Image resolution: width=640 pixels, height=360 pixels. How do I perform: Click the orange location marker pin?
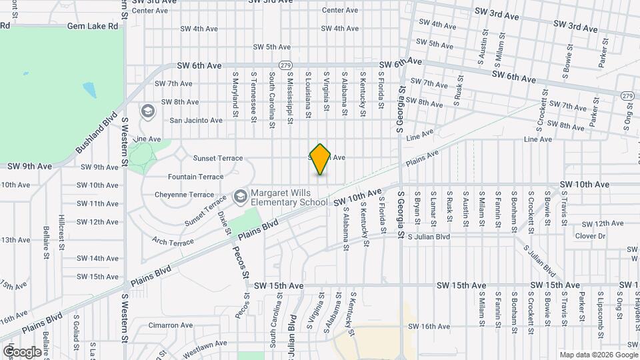pos(321,159)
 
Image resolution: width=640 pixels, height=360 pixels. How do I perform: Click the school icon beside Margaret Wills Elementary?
pos(240,195)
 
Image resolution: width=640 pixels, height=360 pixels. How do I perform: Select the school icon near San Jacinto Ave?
pos(148,111)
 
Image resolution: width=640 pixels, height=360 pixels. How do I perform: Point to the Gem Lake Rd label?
pos(93,26)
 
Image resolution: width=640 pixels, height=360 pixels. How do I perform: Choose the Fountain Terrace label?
pos(195,177)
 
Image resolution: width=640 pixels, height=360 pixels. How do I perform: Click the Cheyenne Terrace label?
pos(184,195)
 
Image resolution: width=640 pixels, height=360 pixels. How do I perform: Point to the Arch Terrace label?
pos(172,241)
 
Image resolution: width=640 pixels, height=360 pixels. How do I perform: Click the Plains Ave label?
pos(423,158)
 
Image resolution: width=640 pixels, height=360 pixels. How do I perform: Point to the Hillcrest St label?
pos(61,226)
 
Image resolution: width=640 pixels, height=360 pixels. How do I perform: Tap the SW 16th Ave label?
pos(429,326)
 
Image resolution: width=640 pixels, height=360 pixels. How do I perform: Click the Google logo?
pos(22,351)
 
